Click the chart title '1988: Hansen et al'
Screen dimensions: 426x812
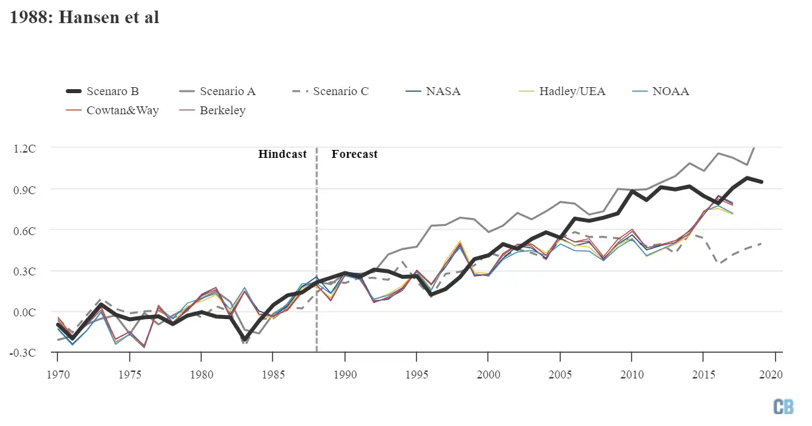84,17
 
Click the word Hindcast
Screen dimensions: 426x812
282,154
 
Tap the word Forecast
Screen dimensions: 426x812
354,154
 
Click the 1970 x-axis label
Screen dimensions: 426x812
58,375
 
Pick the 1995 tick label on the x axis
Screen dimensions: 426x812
416,375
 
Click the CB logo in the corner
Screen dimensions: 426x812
784,407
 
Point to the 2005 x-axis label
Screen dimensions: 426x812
559,375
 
